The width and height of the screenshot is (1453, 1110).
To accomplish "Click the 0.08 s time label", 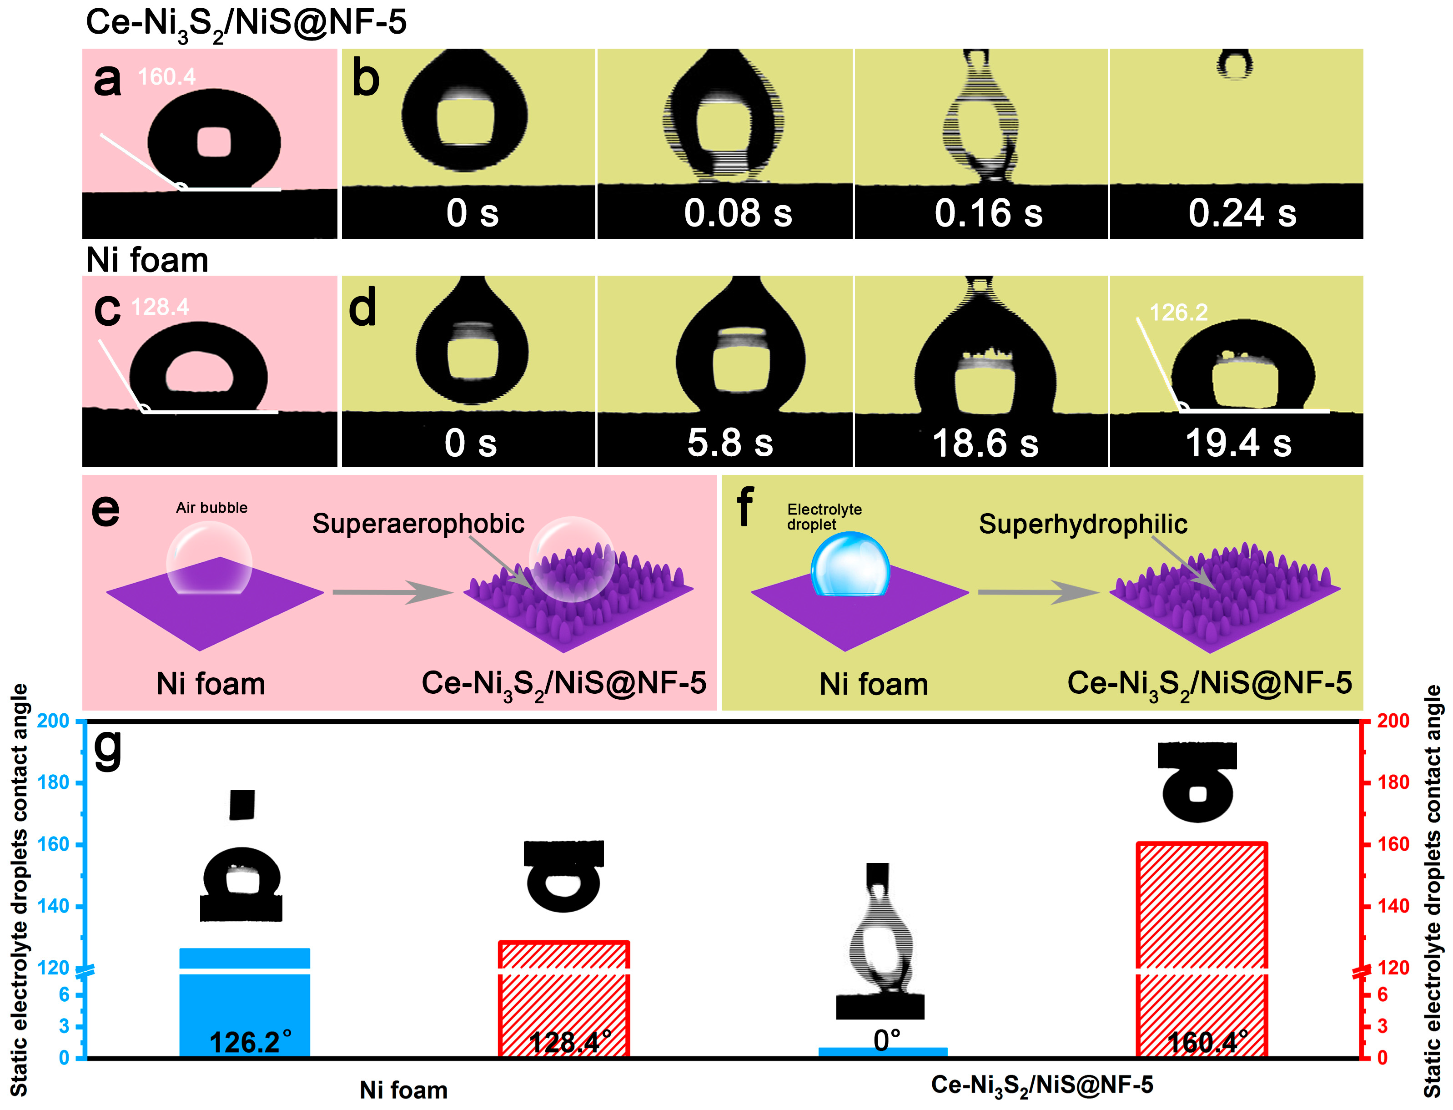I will pyautogui.click(x=737, y=213).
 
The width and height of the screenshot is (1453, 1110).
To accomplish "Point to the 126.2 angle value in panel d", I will pyautogui.click(x=1178, y=312).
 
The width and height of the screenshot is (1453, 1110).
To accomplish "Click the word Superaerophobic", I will pyautogui.click(x=418, y=524).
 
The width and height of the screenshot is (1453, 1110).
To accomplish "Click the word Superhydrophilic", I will pyautogui.click(x=1083, y=524).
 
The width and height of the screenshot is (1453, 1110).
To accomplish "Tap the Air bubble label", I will pyautogui.click(x=211, y=507).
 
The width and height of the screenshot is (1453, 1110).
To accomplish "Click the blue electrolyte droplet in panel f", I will pyautogui.click(x=850, y=564).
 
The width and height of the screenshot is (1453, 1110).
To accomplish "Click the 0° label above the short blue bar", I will pyautogui.click(x=886, y=1041).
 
